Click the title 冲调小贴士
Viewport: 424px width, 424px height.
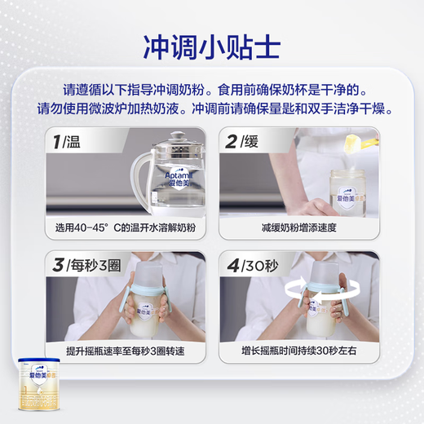tap(212, 42)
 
